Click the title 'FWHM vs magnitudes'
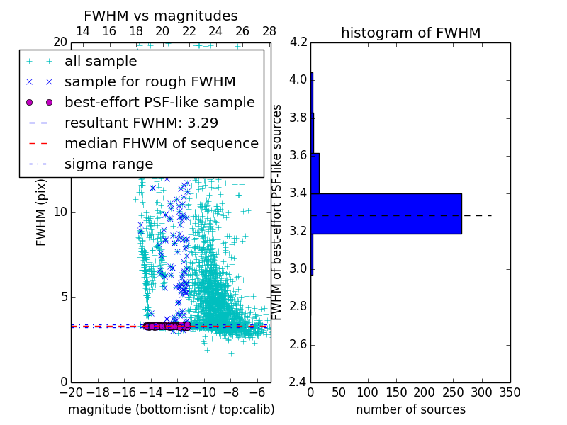coord(161,16)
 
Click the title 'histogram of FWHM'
coord(410,33)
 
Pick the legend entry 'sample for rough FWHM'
coord(150,82)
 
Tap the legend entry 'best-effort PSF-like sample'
coord(159,103)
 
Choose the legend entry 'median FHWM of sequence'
coord(161,144)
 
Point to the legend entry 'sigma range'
coord(108,164)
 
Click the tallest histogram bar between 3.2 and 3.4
coord(386,213)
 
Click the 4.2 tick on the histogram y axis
coord(298,42)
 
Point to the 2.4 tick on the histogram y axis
coord(298,382)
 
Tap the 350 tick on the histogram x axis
coord(510,392)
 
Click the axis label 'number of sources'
coord(410,409)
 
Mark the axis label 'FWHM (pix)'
coord(42,212)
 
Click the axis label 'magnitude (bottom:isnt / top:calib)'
coord(171,409)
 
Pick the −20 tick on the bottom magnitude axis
coord(71,392)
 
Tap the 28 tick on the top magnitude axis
coord(269,31)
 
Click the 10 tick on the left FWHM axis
coord(60,212)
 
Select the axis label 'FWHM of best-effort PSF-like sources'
coord(278,212)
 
